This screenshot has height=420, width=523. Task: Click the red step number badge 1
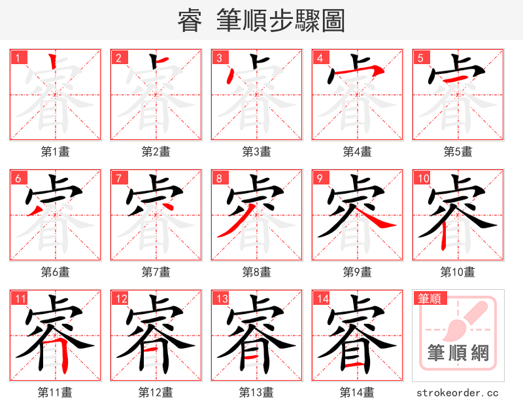pyautogui.click(x=18, y=58)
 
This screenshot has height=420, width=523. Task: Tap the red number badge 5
pyautogui.click(x=420, y=58)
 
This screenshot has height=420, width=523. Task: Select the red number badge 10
pyautogui.click(x=422, y=178)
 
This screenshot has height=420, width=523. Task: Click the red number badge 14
pyautogui.click(x=322, y=299)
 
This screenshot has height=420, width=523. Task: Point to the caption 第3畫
pyautogui.click(x=256, y=152)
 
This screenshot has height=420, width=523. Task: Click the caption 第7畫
pyautogui.click(x=156, y=271)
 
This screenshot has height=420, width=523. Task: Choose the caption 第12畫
pyautogui.click(x=156, y=393)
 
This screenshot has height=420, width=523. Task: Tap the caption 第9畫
pyautogui.click(x=357, y=271)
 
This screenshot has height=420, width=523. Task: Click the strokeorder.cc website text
pyautogui.click(x=458, y=393)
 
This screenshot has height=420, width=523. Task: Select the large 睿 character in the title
pyautogui.click(x=190, y=21)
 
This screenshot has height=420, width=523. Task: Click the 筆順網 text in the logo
pyautogui.click(x=458, y=353)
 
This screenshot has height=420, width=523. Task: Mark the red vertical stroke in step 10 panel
pyautogui.click(x=444, y=236)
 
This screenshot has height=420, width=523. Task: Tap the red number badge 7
pyautogui.click(x=118, y=178)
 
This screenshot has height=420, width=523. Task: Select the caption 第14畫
pyautogui.click(x=357, y=393)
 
